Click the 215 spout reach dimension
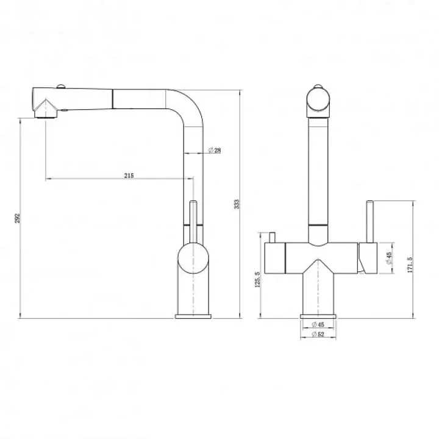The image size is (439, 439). [129, 176]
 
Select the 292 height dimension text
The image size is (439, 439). [17, 218]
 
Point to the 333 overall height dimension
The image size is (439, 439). [237, 204]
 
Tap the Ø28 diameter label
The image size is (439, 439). [215, 151]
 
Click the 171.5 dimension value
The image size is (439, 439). [410, 265]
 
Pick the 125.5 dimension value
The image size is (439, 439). [257, 279]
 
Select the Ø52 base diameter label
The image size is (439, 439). [318, 334]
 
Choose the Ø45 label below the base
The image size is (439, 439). [318, 324]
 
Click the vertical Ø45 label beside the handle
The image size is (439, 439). [389, 258]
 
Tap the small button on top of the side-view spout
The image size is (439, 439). [61, 86]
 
